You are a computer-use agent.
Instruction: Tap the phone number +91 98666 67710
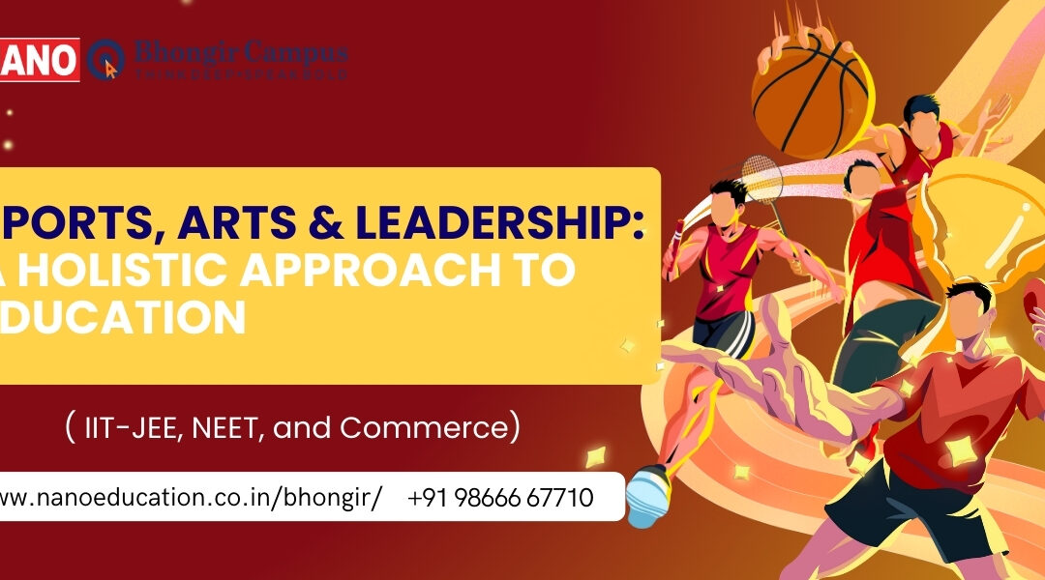coord(500,498)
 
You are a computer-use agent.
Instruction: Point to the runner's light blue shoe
coord(645,493)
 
